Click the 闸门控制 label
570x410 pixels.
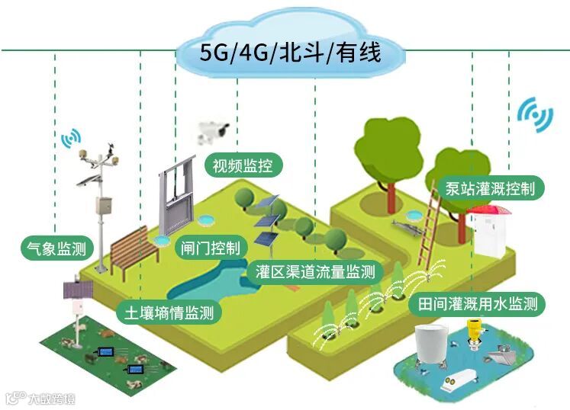click(x=210, y=248)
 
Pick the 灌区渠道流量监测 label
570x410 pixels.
click(x=316, y=271)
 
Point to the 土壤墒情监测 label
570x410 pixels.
click(x=169, y=311)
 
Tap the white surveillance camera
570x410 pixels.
click(x=213, y=130)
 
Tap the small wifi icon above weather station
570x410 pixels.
click(x=71, y=139)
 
